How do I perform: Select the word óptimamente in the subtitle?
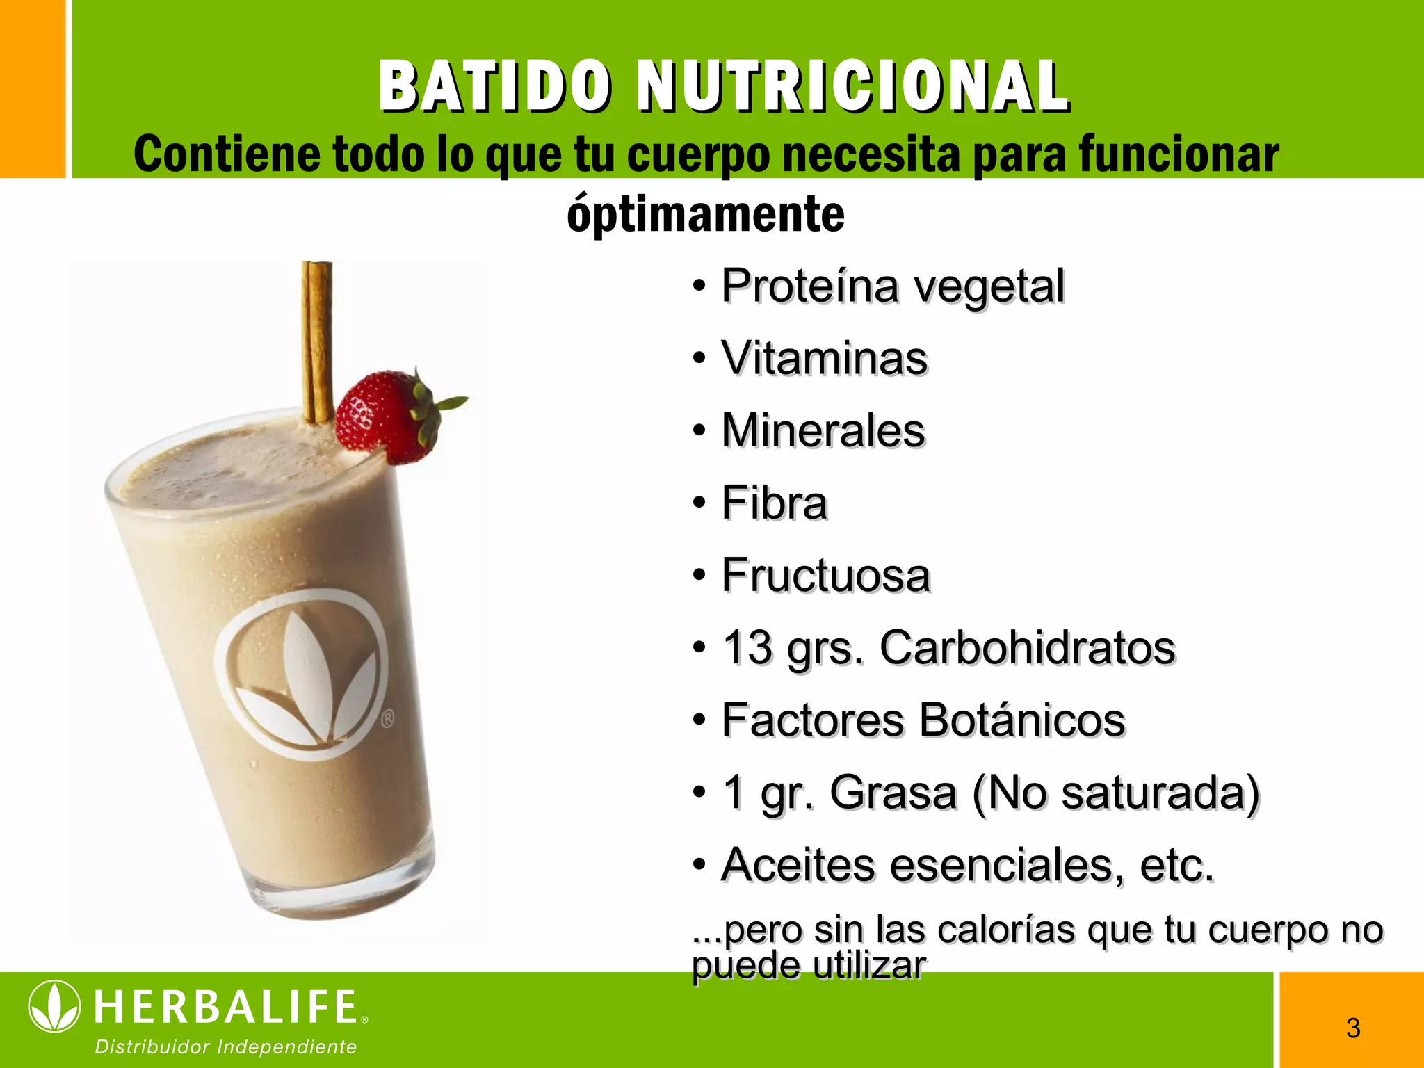coord(706,214)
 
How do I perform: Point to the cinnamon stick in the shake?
coord(317,341)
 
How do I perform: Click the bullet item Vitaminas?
coord(824,359)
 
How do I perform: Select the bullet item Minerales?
coord(823,431)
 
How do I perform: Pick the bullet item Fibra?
coord(774,503)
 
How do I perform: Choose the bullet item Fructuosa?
coord(825,576)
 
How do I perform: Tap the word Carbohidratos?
coord(1027,648)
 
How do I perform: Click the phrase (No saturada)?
coord(1115,793)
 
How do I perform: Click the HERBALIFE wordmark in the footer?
coord(226,1008)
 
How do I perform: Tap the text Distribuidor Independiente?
coord(226,1047)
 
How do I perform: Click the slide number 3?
coord(1353,1028)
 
